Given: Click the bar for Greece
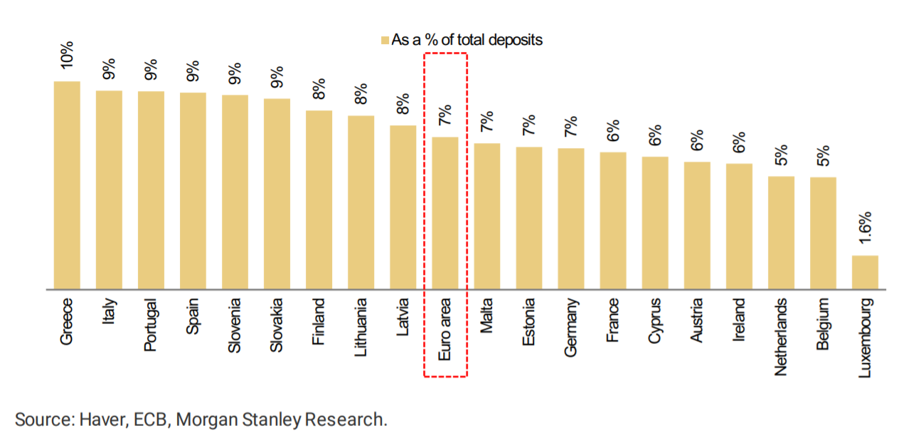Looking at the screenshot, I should (67, 185).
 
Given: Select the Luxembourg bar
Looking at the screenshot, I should (865, 272).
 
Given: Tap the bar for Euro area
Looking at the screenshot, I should (445, 213).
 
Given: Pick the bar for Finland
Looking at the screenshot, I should (319, 199).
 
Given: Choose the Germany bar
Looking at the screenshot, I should (571, 219).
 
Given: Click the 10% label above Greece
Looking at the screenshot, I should (67, 55).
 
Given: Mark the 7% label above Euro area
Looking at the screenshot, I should (445, 115).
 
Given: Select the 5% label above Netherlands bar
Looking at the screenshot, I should (781, 155).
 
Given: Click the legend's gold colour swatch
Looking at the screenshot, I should (385, 41).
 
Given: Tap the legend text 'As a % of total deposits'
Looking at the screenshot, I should (467, 41).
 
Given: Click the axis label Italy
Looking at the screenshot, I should (109, 311).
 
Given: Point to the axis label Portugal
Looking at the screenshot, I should (151, 324).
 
